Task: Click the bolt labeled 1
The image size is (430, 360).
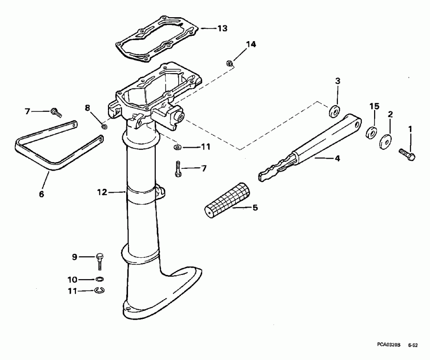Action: coord(407,153)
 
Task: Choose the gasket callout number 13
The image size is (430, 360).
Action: coord(223,29)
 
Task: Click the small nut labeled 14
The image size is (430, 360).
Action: coord(229,63)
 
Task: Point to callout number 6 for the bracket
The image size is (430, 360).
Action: coord(41,194)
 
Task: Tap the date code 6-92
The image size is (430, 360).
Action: coord(414,344)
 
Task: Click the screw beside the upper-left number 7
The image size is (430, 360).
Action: coord(55,113)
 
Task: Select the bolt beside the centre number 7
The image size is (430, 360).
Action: coord(178,169)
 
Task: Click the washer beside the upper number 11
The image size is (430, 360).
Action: coord(177,147)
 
